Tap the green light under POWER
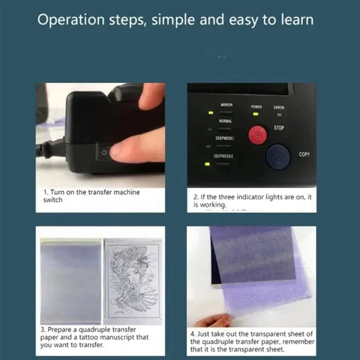coord(256,114)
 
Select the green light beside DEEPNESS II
coord(207,164)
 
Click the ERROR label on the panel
coord(279,108)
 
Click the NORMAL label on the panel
coord(225,121)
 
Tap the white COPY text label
coord(304,154)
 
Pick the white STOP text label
coord(279,128)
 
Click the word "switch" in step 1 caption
coord(53,200)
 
